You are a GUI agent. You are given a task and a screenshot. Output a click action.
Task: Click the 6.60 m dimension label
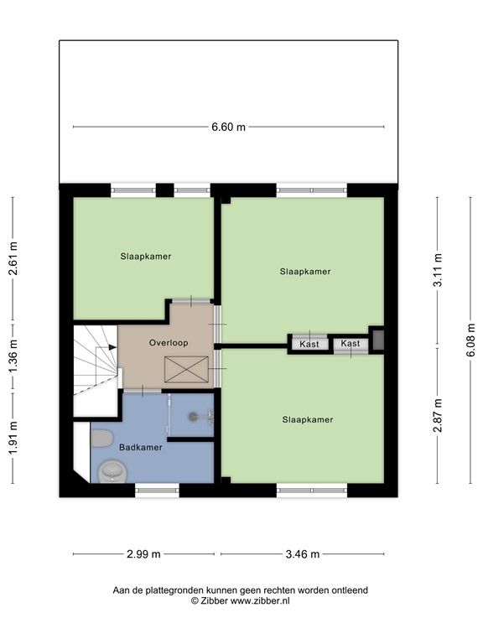(x=228, y=127)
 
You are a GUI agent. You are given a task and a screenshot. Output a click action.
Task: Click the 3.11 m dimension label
(x=437, y=270)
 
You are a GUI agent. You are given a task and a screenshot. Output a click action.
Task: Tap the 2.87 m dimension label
(x=437, y=416)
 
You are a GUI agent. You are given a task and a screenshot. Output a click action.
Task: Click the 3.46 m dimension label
(x=303, y=554)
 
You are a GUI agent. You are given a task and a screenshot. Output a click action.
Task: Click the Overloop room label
(x=169, y=343)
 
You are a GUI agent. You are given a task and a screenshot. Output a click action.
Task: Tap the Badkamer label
(x=140, y=448)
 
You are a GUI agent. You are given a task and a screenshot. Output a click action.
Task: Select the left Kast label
(x=309, y=344)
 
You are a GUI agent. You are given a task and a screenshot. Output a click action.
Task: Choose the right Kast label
(x=351, y=344)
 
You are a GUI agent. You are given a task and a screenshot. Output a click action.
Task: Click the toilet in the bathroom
(x=102, y=439)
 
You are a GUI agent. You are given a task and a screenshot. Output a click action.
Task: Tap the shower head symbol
(x=194, y=415)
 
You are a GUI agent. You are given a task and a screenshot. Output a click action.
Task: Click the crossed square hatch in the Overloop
(x=186, y=368)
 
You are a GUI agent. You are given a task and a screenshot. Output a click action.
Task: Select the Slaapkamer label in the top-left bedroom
(x=145, y=257)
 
